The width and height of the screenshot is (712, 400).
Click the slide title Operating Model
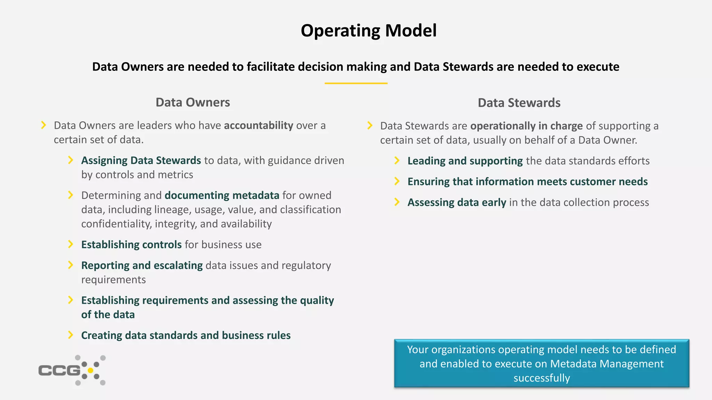(x=369, y=31)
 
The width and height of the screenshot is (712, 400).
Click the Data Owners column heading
(x=193, y=102)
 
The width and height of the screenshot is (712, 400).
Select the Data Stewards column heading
(x=519, y=103)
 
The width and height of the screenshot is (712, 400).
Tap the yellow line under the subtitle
(x=356, y=83)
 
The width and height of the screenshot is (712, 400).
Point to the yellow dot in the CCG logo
(x=90, y=370)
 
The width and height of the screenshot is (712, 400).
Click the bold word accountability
(x=258, y=125)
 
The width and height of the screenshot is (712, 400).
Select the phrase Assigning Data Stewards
(x=141, y=160)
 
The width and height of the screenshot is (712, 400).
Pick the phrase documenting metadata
(x=222, y=195)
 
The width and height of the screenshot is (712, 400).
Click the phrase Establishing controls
(x=131, y=244)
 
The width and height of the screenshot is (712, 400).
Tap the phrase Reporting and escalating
(x=142, y=265)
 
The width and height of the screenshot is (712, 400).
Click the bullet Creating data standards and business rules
(x=186, y=335)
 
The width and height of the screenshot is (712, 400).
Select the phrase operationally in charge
(x=526, y=126)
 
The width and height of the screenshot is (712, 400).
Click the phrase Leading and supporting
(x=465, y=161)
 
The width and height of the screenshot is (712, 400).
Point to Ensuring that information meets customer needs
(x=527, y=182)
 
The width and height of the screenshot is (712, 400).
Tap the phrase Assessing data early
(x=456, y=202)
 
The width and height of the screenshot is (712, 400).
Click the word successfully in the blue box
(x=542, y=378)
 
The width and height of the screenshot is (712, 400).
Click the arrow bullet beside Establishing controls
(x=71, y=244)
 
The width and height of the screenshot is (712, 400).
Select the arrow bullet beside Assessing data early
(x=397, y=202)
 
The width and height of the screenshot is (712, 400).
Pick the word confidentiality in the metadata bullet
(x=116, y=224)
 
